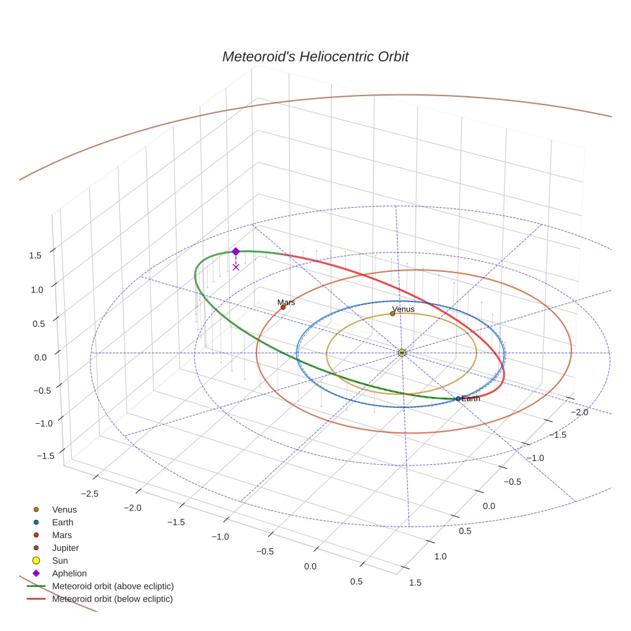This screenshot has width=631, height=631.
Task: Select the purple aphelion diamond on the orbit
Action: [235, 251]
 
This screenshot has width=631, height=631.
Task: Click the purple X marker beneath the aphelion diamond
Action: [236, 267]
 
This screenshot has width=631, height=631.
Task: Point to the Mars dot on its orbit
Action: [283, 307]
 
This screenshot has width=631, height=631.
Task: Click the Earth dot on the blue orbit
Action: [458, 399]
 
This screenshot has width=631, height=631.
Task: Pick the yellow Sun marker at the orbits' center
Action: [401, 353]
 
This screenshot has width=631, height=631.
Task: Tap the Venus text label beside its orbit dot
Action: [403, 309]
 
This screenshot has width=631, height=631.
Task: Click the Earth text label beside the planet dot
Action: [471, 399]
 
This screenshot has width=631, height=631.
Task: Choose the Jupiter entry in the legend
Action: [65, 548]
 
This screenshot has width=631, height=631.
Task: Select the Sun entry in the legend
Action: [60, 561]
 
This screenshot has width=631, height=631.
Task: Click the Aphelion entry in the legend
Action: [69, 574]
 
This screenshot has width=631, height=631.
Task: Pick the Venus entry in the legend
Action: [64, 510]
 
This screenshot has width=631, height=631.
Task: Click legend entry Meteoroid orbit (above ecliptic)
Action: [113, 586]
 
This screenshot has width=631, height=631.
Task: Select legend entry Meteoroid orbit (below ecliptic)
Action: [112, 599]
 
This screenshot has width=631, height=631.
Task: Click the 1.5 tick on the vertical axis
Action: [35, 255]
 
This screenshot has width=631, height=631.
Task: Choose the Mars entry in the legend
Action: [62, 535]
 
